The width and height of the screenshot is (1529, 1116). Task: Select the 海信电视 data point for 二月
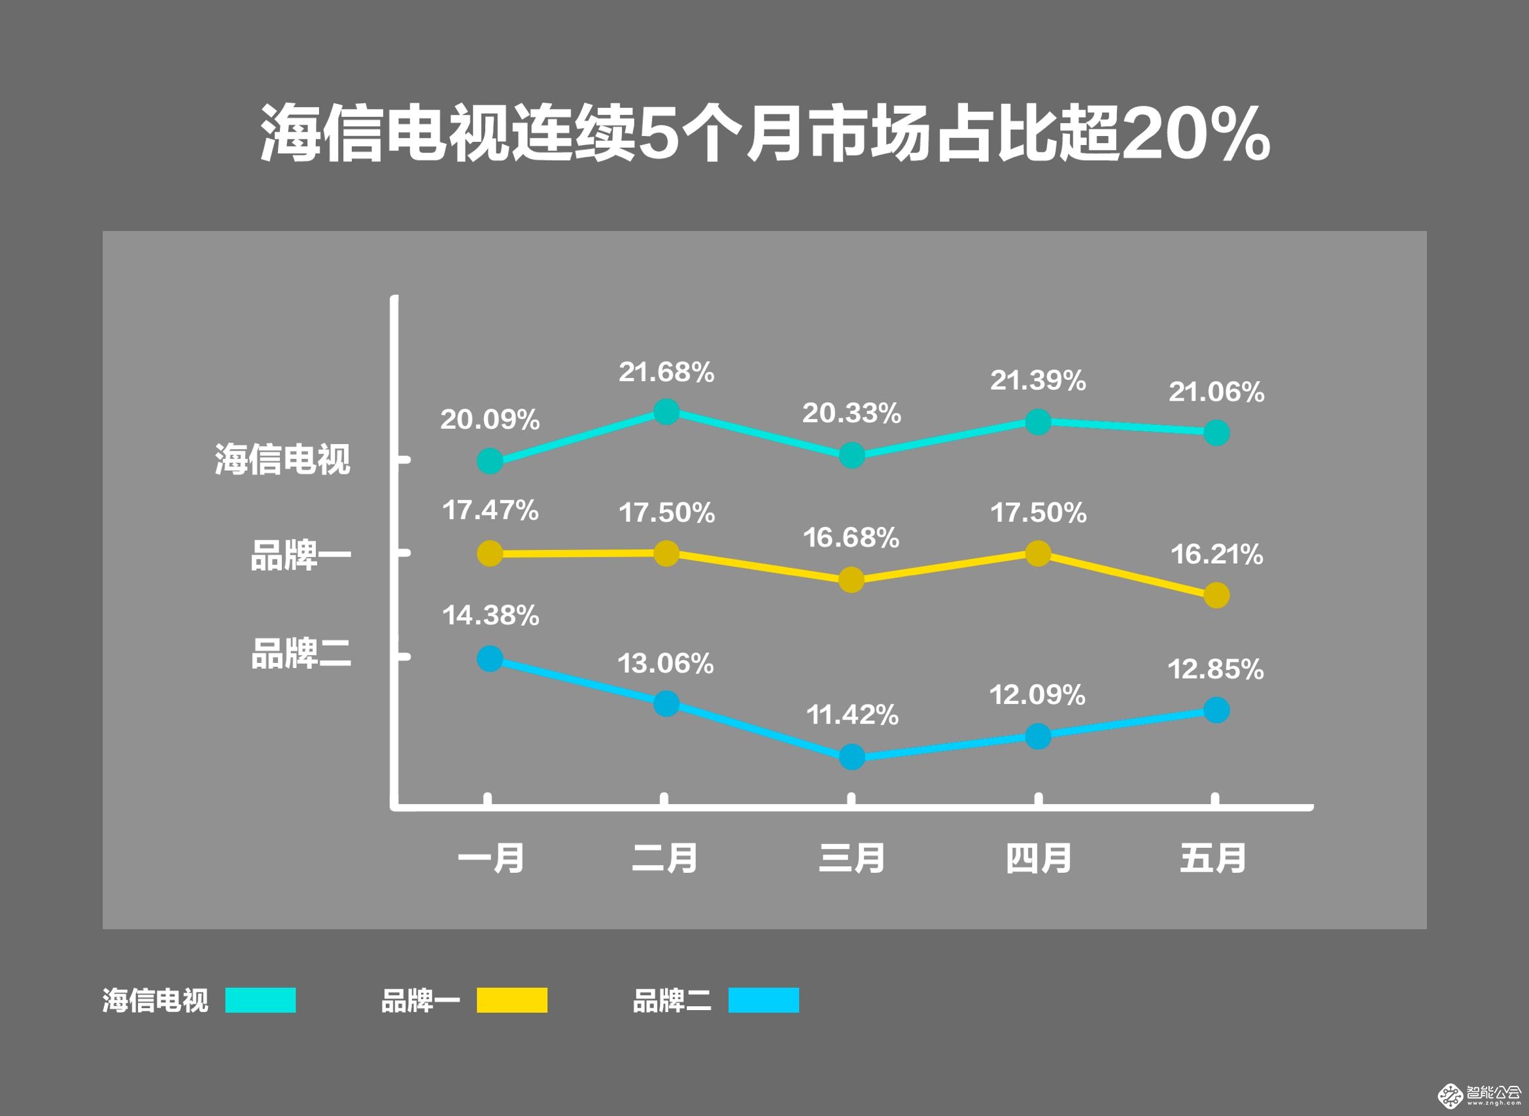[x=666, y=411]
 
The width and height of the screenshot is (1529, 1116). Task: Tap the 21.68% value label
[x=666, y=372]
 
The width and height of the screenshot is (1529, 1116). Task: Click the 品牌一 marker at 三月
[x=851, y=581]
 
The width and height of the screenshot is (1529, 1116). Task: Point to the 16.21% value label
[x=1216, y=554]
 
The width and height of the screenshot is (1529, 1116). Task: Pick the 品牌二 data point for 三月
[x=851, y=757]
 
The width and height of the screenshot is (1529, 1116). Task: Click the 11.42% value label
[x=852, y=715]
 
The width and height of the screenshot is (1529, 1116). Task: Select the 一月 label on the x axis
[x=490, y=858]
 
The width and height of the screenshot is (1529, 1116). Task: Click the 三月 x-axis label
[x=851, y=858]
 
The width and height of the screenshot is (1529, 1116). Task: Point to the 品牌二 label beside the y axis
[x=301, y=653]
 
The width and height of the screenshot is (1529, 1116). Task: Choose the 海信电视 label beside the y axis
[x=283, y=460]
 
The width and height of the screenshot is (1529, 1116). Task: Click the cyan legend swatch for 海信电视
[x=260, y=1000]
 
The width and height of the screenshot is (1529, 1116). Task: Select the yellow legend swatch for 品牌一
[x=511, y=1000]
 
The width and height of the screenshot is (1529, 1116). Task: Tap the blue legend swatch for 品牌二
[x=763, y=1000]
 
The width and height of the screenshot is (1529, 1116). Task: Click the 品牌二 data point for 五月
[x=1216, y=711]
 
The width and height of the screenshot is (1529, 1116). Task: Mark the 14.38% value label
[x=490, y=615]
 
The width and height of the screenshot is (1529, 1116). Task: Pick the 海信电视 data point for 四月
[x=1038, y=422]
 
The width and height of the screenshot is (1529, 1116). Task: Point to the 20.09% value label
[x=490, y=420]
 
